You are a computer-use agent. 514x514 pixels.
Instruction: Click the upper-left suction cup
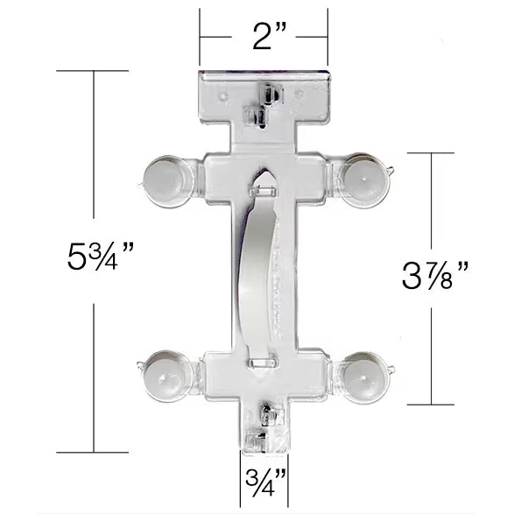click(x=167, y=180)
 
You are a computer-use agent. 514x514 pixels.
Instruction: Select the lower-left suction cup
click(x=166, y=375)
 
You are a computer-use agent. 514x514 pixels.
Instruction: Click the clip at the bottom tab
click(x=262, y=429)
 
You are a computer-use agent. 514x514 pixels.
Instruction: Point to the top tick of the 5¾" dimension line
click(x=93, y=70)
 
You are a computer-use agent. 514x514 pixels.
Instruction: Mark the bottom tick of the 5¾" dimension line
click(x=93, y=453)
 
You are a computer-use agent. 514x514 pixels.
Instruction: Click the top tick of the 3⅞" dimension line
click(x=431, y=153)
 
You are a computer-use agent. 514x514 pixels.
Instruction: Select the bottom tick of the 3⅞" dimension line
click(x=431, y=405)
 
